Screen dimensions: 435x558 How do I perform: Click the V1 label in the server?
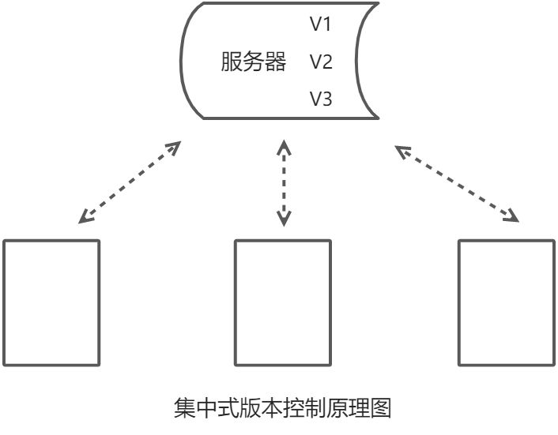click(x=320, y=24)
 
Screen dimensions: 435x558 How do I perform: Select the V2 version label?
click(x=320, y=62)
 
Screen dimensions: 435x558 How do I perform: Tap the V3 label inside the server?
click(x=320, y=99)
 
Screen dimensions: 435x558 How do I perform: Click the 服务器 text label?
click(x=253, y=63)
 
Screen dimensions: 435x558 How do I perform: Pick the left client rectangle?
click(x=52, y=303)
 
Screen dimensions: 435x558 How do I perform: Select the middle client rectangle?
click(x=283, y=303)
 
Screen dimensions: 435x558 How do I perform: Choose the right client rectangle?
click(x=507, y=303)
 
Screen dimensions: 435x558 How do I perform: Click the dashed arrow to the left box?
click(x=130, y=182)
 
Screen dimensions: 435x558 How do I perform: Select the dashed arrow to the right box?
click(x=458, y=184)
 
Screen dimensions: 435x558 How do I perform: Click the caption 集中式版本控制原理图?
click(x=282, y=410)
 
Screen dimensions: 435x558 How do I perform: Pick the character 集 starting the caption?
click(x=184, y=410)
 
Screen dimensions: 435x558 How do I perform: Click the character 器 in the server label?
click(x=276, y=63)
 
